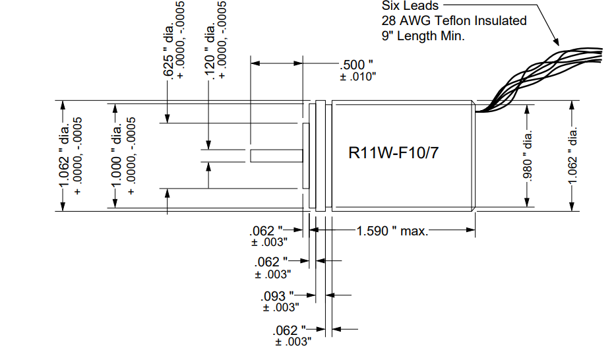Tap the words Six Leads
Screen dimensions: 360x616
tap(410, 6)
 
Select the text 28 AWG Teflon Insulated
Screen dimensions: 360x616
tap(454, 20)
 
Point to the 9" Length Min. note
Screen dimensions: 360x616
tap(423, 36)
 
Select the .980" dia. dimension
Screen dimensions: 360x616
tap(528, 156)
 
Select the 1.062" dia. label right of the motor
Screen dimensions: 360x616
tap(573, 156)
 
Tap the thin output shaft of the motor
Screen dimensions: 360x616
tap(276, 156)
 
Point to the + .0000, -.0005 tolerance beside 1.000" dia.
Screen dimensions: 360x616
tap(131, 156)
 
